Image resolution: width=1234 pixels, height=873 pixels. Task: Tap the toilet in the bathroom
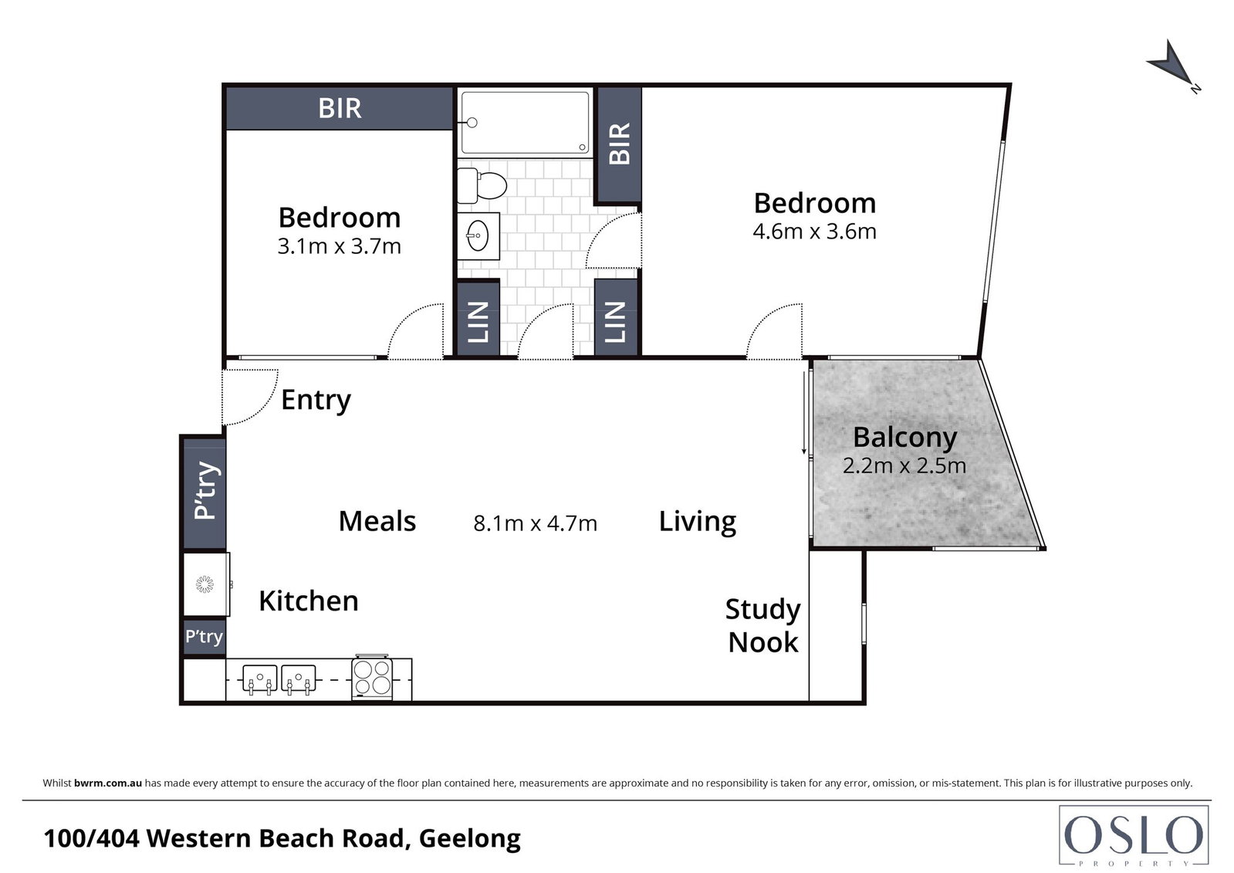point(482,185)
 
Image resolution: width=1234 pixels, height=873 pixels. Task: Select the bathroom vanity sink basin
point(478,236)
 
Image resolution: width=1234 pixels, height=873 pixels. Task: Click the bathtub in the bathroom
point(525,123)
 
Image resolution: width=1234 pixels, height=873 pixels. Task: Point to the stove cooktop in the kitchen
point(373,678)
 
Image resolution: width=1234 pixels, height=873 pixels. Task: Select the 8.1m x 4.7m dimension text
point(535,523)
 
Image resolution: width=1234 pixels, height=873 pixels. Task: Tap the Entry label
point(316,400)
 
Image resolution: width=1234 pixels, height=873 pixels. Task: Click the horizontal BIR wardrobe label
point(340,108)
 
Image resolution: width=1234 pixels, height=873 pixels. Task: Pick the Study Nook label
point(763,626)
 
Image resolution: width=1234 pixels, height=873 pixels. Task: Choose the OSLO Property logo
point(1134,836)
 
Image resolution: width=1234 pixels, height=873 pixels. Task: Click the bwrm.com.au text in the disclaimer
point(108,783)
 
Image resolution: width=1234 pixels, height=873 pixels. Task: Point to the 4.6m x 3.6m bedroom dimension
point(814,232)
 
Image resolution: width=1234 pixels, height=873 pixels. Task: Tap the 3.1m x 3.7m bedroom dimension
point(339,245)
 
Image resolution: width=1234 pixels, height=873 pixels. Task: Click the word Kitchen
point(309,601)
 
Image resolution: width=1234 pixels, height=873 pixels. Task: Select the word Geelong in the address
point(470,838)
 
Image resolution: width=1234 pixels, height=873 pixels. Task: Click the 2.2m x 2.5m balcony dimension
point(904,465)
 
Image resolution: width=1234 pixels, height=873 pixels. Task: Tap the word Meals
point(377,521)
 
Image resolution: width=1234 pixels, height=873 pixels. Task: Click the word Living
point(698,521)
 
